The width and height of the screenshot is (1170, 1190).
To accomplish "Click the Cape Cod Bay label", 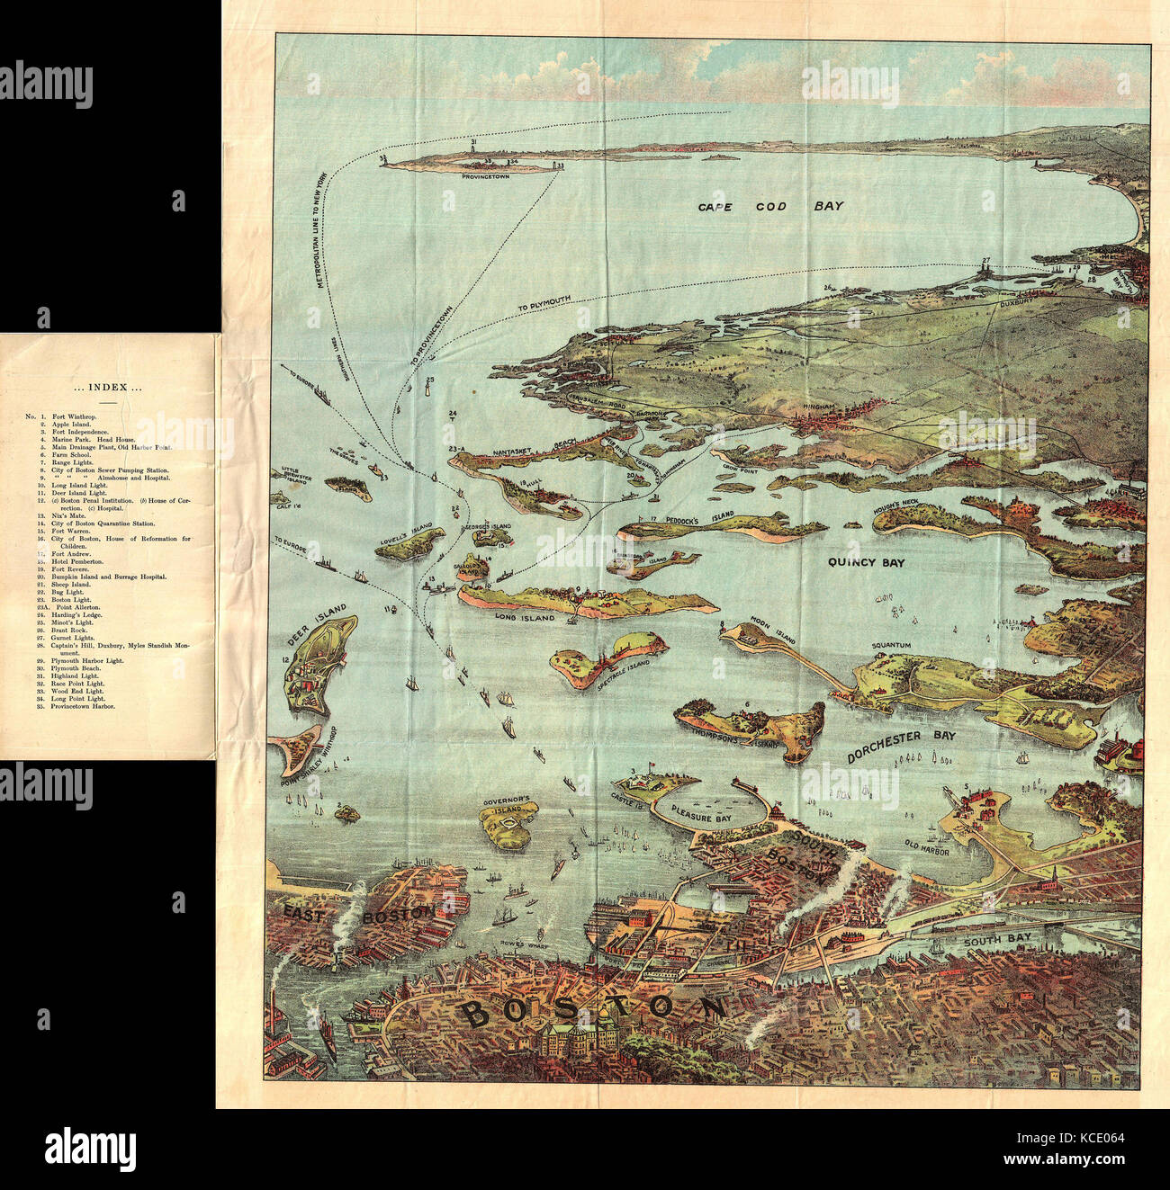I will (x=771, y=207).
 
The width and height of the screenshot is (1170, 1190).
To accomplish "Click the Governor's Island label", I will (x=510, y=800).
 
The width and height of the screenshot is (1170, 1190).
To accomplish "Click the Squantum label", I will (x=891, y=646).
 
